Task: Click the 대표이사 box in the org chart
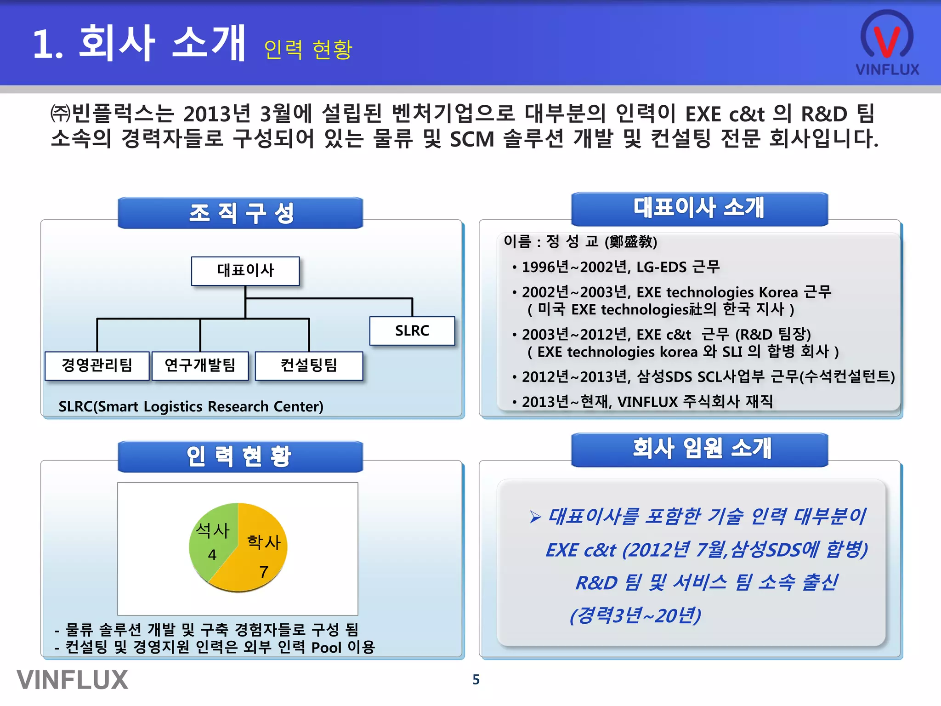pyautogui.click(x=245, y=271)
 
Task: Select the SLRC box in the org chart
pyautogui.click(x=412, y=331)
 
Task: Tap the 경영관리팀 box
pyautogui.click(x=97, y=366)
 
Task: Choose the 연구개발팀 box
pyautogui.click(x=200, y=366)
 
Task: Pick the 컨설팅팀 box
pyautogui.click(x=309, y=366)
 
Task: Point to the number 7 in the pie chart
pyautogui.click(x=264, y=572)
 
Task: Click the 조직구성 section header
pyautogui.click(x=240, y=213)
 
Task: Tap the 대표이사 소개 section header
pyautogui.click(x=699, y=209)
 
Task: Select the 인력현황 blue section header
pyautogui.click(x=240, y=456)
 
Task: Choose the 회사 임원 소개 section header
pyautogui.click(x=699, y=450)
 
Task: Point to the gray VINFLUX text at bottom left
pyautogui.click(x=73, y=680)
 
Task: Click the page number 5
pyautogui.click(x=476, y=680)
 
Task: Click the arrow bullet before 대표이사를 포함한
pyautogui.click(x=535, y=517)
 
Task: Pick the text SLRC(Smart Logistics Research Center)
pyautogui.click(x=191, y=407)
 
